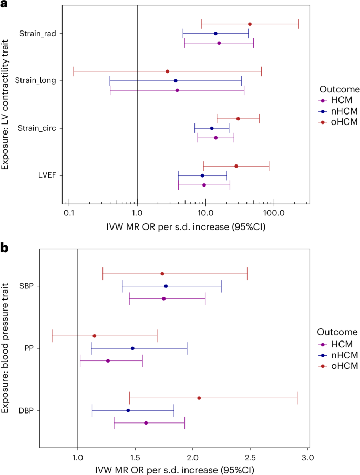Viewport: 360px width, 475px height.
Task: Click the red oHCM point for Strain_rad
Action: coord(250,24)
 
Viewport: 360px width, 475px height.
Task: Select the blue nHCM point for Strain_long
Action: coord(176,81)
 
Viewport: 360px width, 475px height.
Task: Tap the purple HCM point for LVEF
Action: coord(204,185)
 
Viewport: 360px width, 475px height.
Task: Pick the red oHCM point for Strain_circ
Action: coord(238,119)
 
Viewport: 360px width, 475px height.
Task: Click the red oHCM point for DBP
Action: coord(199,398)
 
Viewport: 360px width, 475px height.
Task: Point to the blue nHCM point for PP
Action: coord(132,348)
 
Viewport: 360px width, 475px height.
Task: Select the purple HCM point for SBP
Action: coord(164,298)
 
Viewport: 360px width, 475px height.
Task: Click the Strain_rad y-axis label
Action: coord(38,34)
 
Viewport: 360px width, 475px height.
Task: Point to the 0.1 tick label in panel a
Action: coord(69,214)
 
